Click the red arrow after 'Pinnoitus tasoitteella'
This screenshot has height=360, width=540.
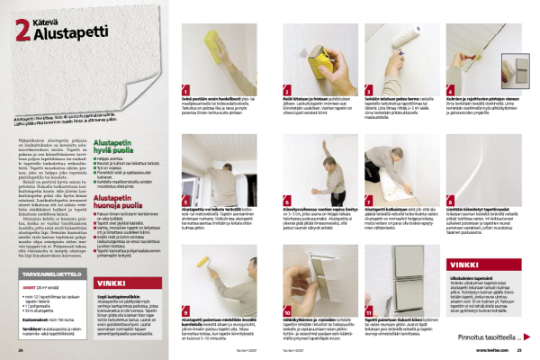point(524,337)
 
